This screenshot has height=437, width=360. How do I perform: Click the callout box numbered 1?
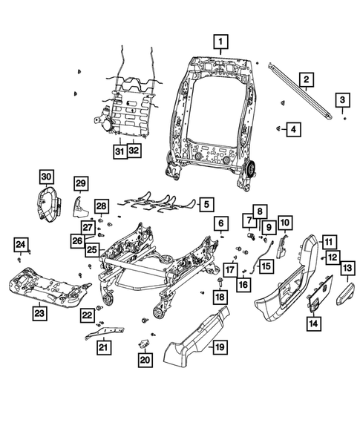[221, 41]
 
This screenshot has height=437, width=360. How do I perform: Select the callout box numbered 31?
[119, 151]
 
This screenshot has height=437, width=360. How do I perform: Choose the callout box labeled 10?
[285, 221]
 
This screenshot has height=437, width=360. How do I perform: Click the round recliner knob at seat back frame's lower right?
[248, 171]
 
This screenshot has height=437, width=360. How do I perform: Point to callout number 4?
[294, 129]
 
